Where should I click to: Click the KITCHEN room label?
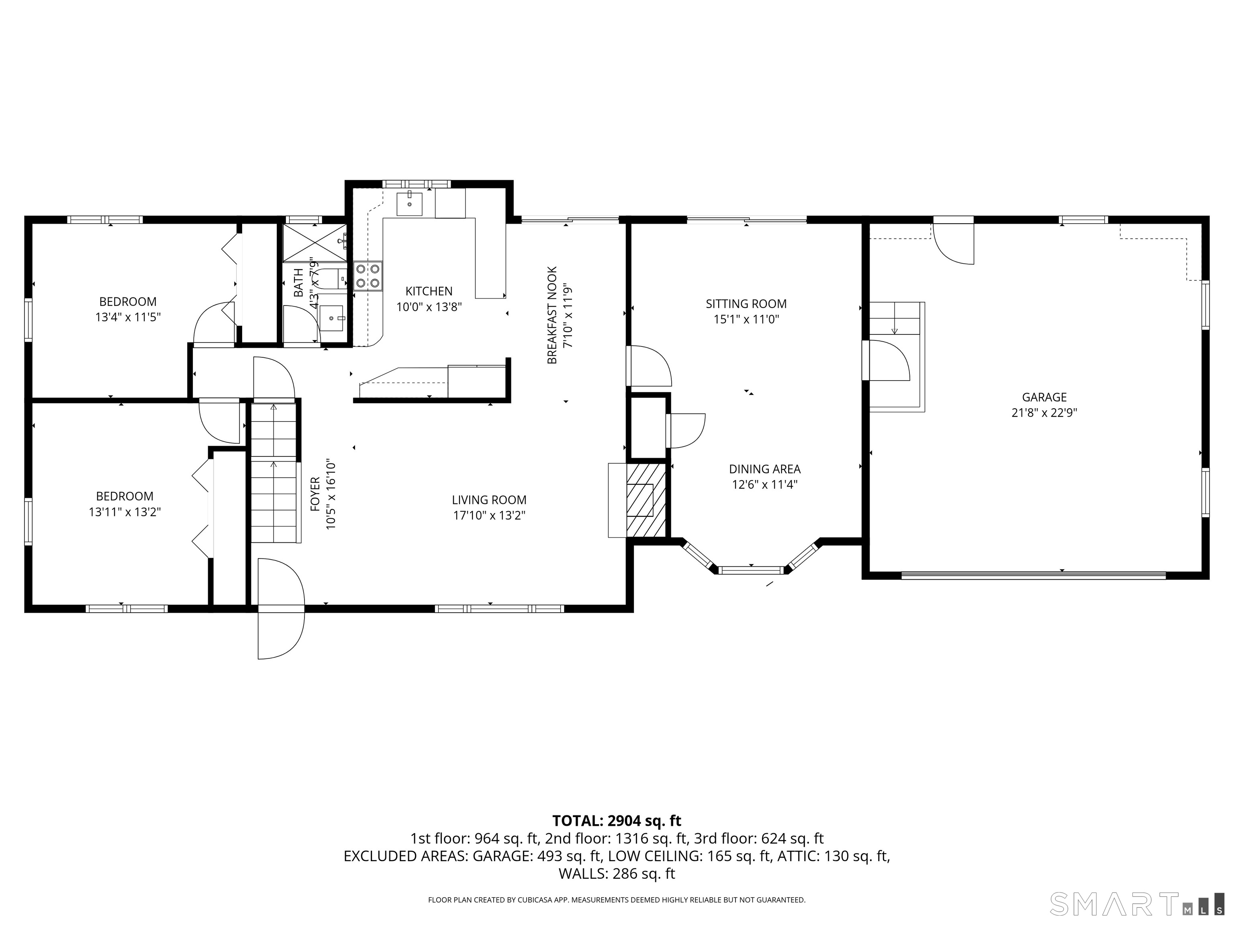click(x=429, y=291)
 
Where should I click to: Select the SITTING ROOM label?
click(x=746, y=304)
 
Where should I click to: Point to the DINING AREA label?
click(x=764, y=469)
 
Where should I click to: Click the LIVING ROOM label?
click(x=489, y=500)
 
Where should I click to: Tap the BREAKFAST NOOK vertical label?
click(x=552, y=315)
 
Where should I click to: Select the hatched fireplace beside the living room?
click(x=646, y=500)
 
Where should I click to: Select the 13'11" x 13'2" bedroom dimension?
click(x=125, y=512)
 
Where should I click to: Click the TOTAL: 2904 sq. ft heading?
click(x=617, y=821)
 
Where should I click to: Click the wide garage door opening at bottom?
click(x=1033, y=575)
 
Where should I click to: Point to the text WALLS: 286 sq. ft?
click(x=617, y=874)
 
